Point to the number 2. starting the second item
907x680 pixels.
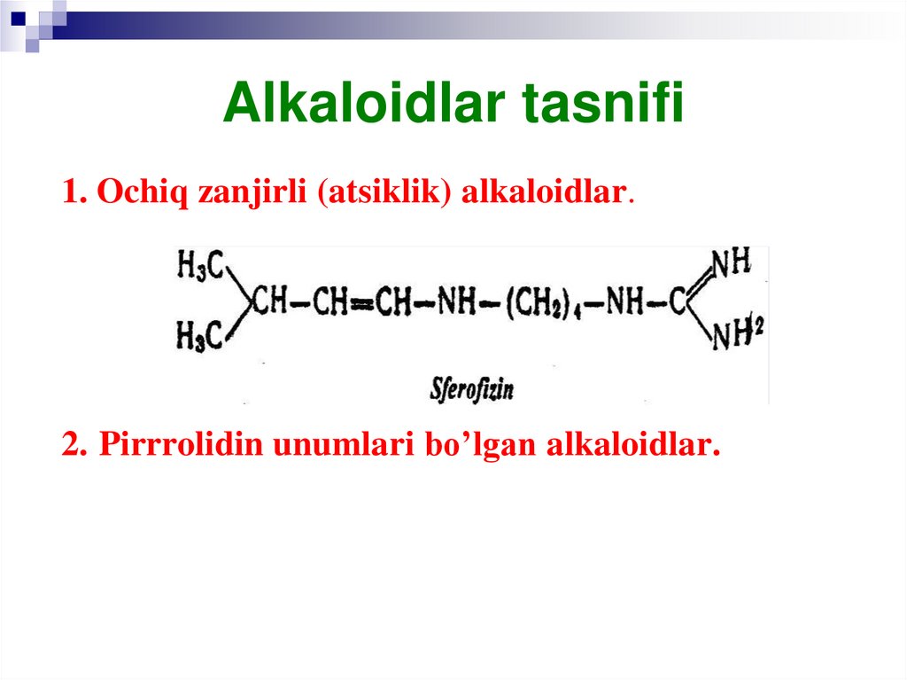[x=74, y=443]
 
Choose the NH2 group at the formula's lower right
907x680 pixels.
[x=737, y=335]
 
